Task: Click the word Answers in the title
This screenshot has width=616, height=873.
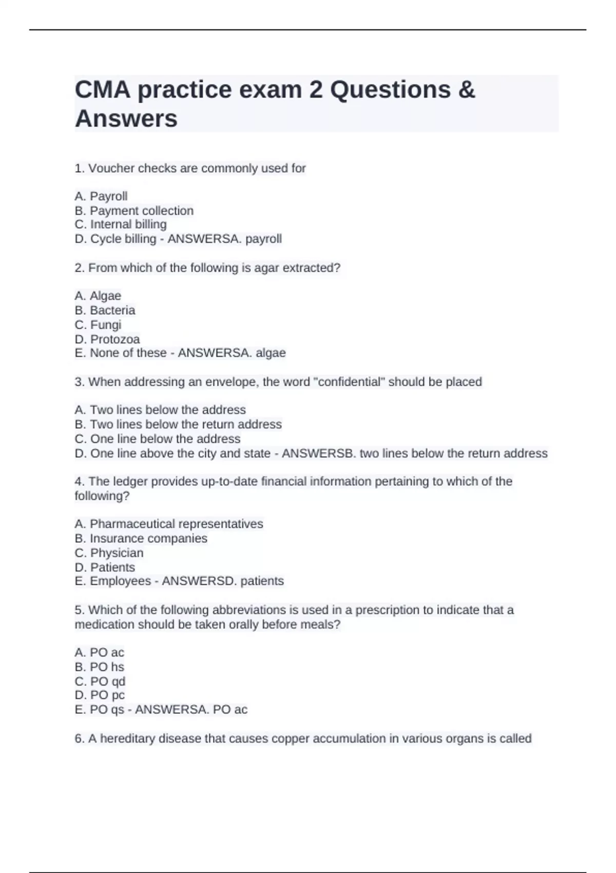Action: pos(126,118)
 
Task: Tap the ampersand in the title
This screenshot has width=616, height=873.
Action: pos(466,90)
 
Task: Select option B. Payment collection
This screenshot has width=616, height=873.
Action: pos(134,211)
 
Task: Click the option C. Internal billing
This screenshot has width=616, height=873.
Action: pos(121,224)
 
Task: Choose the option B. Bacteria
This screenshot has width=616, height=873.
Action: pos(105,310)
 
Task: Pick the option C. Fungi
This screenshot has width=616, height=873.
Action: pos(98,325)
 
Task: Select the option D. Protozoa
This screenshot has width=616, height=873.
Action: pos(107,339)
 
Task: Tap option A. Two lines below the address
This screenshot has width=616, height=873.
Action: pos(160,410)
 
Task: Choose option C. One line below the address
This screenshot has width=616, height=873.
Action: pos(158,439)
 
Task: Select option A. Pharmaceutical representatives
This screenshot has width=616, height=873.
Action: pos(169,524)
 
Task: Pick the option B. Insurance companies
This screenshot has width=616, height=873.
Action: pos(141,538)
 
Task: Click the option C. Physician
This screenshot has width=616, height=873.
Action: pos(109,553)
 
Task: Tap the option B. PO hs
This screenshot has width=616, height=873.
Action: pos(100,667)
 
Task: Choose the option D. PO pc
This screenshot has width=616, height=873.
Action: pos(100,695)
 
